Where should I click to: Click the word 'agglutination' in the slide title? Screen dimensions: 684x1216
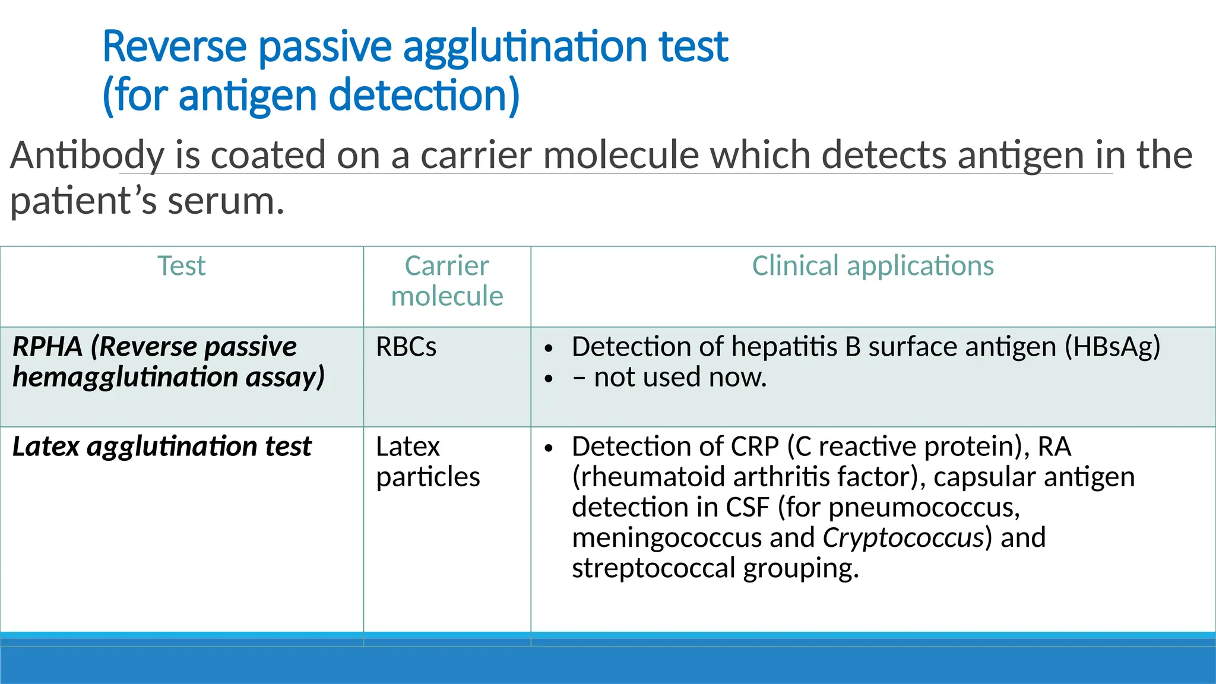click(524, 47)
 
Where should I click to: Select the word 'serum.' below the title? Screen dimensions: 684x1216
click(226, 201)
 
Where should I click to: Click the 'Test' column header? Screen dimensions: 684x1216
click(181, 266)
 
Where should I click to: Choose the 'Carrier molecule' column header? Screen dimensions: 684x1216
click(446, 281)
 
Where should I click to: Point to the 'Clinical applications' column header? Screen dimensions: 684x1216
click(872, 266)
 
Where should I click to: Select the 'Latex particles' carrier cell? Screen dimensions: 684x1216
click(427, 462)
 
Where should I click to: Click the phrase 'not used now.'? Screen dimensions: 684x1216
click(680, 378)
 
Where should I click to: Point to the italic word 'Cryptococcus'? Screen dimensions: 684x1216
click(902, 538)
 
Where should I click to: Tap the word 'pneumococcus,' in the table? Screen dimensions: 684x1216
click(924, 508)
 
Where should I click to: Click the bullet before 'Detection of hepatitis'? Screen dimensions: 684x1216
click(549, 349)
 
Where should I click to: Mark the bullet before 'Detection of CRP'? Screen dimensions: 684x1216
click(549, 448)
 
